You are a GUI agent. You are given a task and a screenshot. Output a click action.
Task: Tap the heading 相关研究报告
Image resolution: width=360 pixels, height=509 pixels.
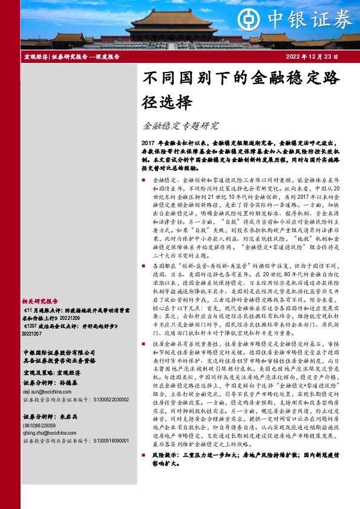[x=40, y=300]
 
